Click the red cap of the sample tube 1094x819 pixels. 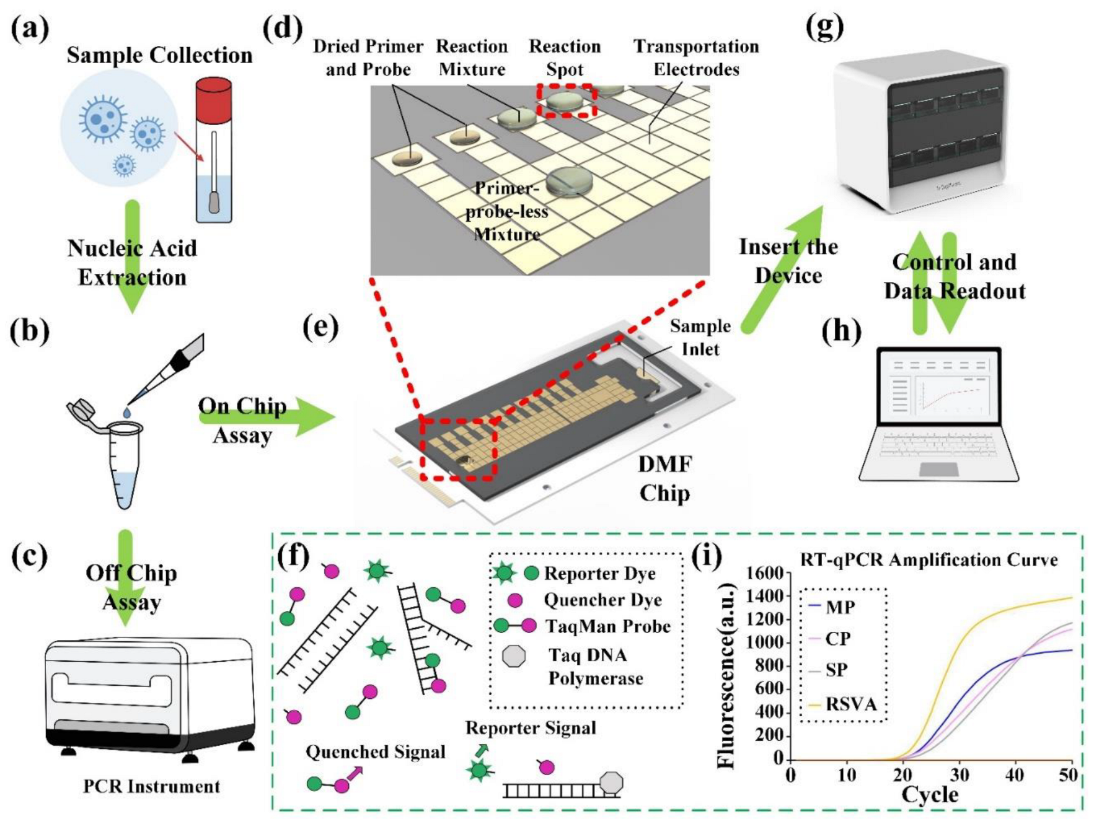[213, 99]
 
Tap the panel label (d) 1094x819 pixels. [283, 28]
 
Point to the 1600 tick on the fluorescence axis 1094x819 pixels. [765, 573]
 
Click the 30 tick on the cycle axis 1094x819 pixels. [959, 774]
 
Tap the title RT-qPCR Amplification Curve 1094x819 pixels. [929, 560]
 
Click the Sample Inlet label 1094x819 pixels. [700, 338]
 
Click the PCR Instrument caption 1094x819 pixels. [152, 786]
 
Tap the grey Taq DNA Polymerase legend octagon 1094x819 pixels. [514, 656]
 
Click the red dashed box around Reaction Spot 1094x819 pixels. [566, 102]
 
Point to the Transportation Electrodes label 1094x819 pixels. [696, 58]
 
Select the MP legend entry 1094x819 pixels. [832, 607]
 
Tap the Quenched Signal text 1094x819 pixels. [375, 752]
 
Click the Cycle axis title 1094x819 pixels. [929, 795]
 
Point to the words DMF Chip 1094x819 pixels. [664, 478]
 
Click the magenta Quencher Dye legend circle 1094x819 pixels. [514, 600]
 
